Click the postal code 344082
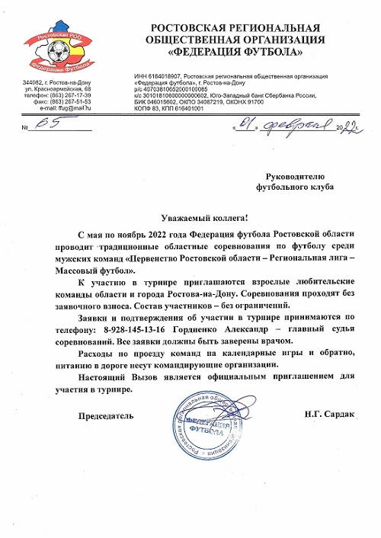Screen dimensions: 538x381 click(x=34, y=82)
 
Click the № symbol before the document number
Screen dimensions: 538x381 click(x=27, y=126)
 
